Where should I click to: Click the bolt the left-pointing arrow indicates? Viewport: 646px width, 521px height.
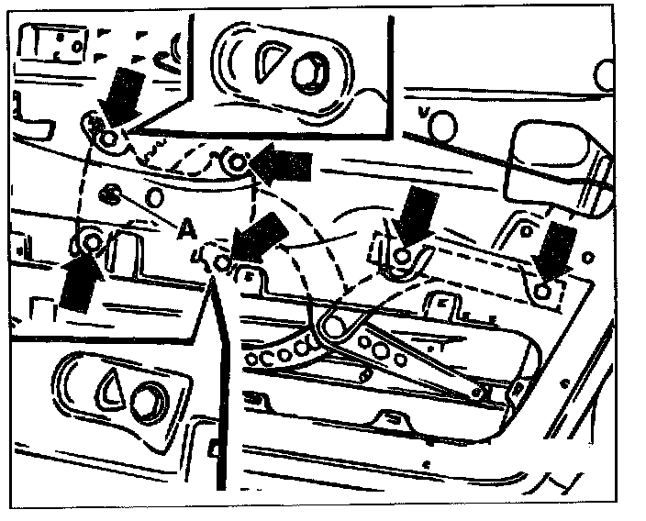click(236, 164)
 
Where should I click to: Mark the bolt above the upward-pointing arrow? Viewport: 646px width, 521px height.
click(90, 243)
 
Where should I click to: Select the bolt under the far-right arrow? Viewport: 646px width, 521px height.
click(544, 290)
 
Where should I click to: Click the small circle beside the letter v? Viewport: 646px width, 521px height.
click(442, 120)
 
